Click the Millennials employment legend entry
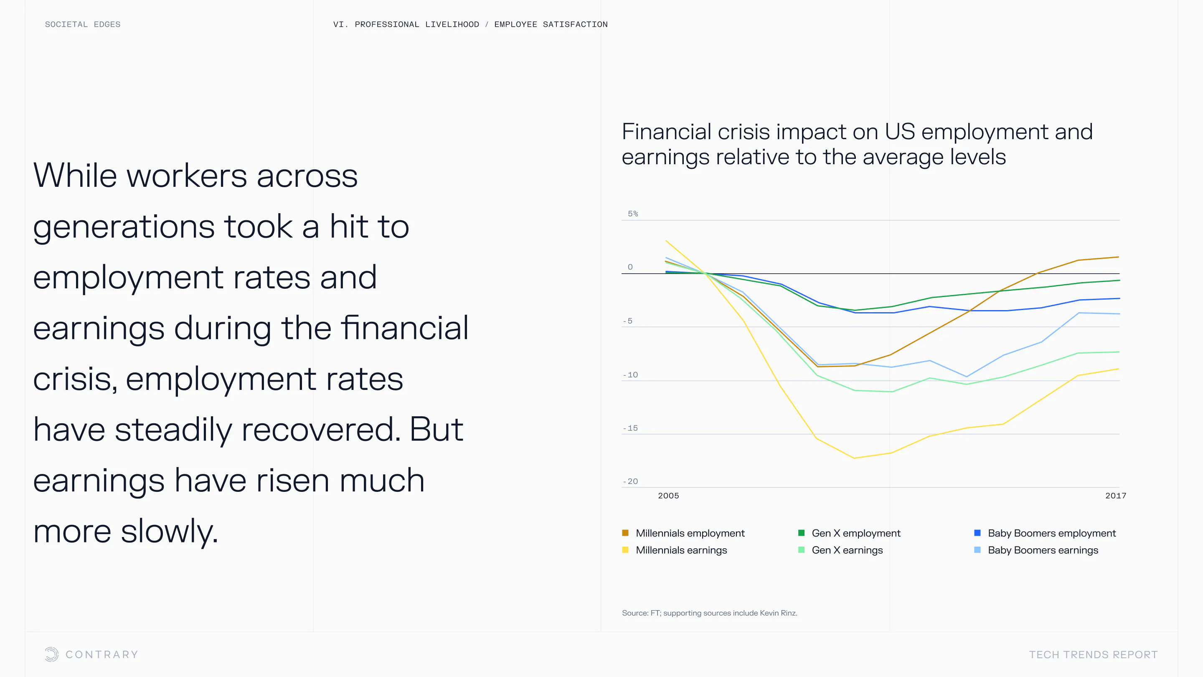pyautogui.click(x=683, y=533)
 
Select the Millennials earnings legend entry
pyautogui.click(x=674, y=550)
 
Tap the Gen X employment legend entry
pyautogui.click(x=850, y=533)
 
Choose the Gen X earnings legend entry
pyautogui.click(x=840, y=550)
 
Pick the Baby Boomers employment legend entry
pyautogui.click(x=1045, y=533)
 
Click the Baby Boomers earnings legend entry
pyautogui.click(x=1036, y=550)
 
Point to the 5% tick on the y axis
pyautogui.click(x=633, y=214)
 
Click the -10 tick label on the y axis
pyautogui.click(x=630, y=375)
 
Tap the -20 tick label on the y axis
pyautogui.click(x=630, y=481)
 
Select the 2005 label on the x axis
pyautogui.click(x=668, y=496)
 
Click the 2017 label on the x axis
pyautogui.click(x=1116, y=496)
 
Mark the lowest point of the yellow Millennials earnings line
pyautogui.click(x=854, y=458)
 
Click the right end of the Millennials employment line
pyautogui.click(x=1119, y=257)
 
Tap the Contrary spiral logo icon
pyautogui.click(x=51, y=654)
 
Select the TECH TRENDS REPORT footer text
pyautogui.click(x=1093, y=654)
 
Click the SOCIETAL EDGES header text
pyautogui.click(x=83, y=24)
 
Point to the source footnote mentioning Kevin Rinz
pyautogui.click(x=709, y=613)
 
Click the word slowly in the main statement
pyautogui.click(x=170, y=532)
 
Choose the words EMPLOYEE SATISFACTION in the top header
pyautogui.click(x=551, y=24)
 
